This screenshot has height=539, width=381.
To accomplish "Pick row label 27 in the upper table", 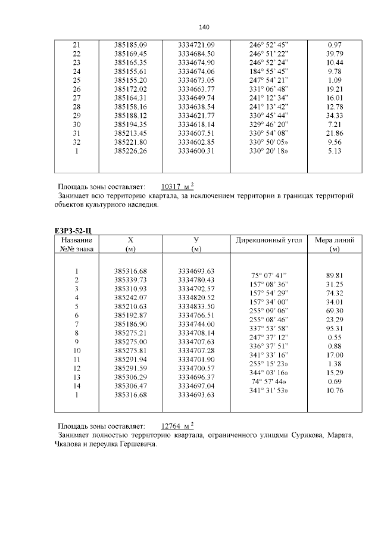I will tap(76, 97).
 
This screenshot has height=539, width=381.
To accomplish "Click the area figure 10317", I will tap(173, 186).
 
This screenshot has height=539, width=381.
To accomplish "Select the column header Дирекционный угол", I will tap(269, 240).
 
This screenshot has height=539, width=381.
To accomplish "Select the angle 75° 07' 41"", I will tap(269, 276).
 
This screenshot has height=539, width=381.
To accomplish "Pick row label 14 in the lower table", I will tap(76, 386).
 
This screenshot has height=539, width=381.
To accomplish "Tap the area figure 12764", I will tap(173, 426).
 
